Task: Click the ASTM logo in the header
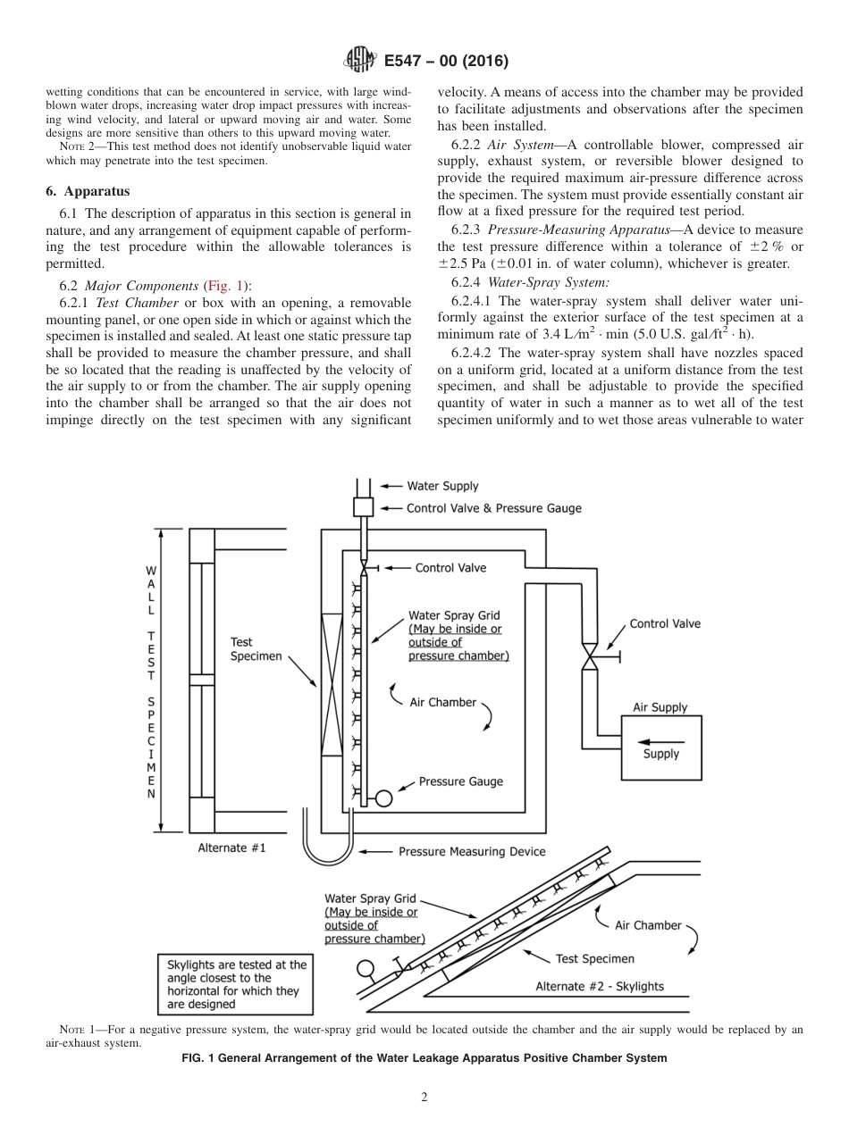[358, 61]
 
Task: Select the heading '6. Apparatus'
[87, 191]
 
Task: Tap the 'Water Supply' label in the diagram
[442, 486]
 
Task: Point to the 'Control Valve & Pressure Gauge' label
[493, 508]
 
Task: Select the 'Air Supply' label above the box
[660, 707]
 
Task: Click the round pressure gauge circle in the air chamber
[383, 798]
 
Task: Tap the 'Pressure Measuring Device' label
[472, 851]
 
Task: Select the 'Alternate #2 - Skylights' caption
[599, 986]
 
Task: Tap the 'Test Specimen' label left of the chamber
[256, 648]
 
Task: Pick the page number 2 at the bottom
[424, 1098]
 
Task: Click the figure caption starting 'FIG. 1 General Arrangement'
[424, 1058]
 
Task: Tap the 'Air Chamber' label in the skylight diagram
[647, 925]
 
